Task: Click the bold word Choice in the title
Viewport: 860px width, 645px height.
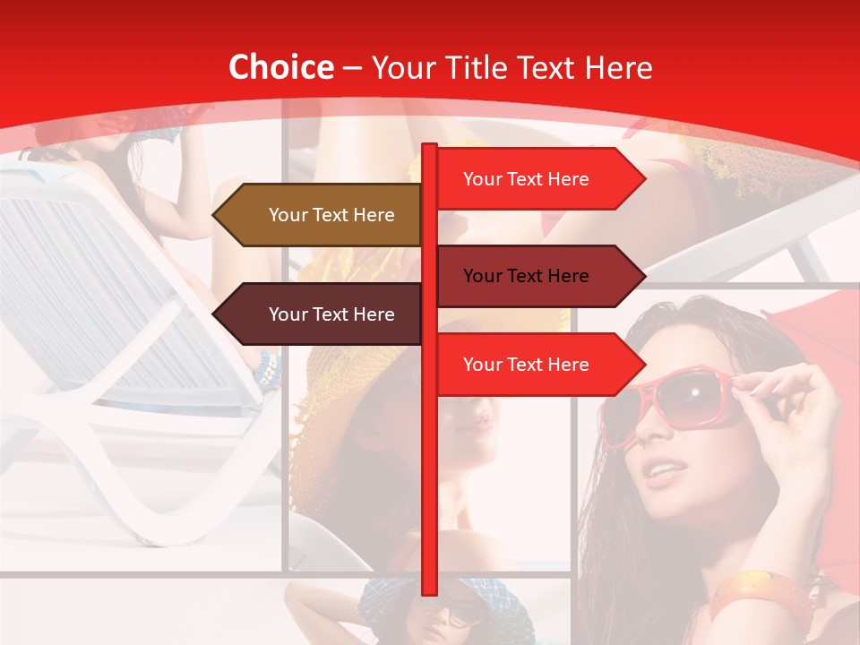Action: point(280,67)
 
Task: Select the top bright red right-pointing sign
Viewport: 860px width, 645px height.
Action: point(537,179)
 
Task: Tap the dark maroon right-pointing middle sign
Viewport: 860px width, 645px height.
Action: point(537,276)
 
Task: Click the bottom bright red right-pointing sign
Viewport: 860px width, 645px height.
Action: point(537,365)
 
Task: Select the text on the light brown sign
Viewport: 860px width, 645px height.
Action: point(331,215)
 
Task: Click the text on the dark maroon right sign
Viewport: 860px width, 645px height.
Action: point(526,276)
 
